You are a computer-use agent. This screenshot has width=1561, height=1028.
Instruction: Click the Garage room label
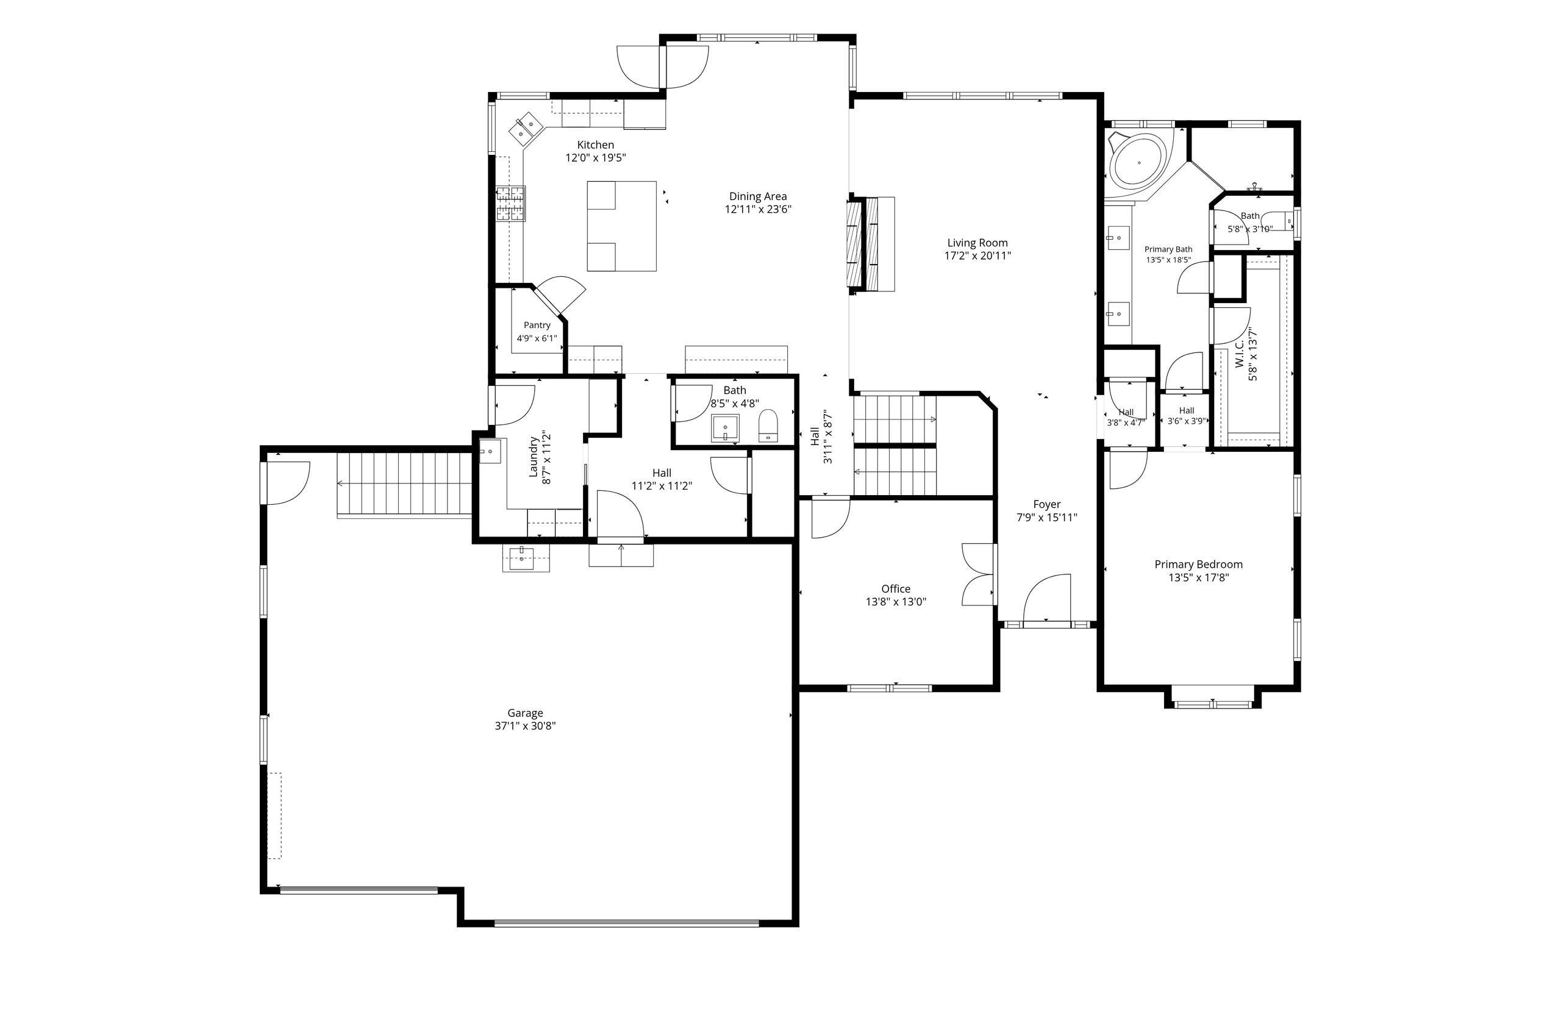(x=525, y=713)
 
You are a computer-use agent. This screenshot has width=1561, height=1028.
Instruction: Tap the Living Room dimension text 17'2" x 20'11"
(x=977, y=256)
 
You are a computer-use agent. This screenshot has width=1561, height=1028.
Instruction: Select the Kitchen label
(x=596, y=145)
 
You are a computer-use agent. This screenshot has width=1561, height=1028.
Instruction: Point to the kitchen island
(x=621, y=226)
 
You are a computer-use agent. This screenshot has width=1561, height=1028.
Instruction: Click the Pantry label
(x=537, y=326)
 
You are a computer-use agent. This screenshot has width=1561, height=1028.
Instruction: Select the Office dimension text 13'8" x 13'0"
(x=895, y=602)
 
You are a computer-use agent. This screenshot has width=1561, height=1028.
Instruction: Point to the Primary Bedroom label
(x=1198, y=564)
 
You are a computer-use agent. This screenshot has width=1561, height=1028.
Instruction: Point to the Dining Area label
(x=757, y=196)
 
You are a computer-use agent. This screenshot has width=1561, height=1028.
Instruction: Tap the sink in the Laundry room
(x=489, y=451)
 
